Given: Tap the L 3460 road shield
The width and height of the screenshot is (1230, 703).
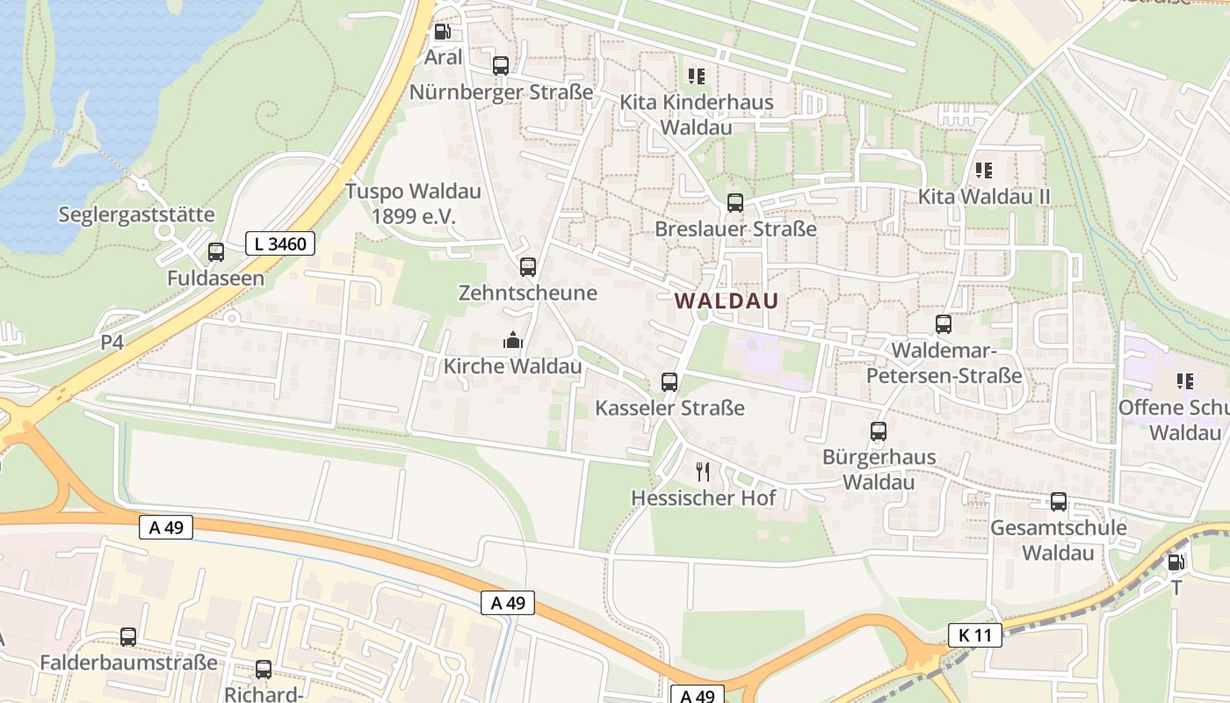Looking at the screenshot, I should coord(280,243).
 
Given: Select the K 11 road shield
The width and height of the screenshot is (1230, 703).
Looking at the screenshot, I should coord(975,634).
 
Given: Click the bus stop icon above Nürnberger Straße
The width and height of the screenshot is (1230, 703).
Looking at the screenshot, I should coord(501,66).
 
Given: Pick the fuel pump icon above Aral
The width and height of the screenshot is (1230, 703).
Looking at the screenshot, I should coord(443,33).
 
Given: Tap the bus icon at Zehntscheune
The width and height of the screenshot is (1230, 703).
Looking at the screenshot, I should coord(528,267).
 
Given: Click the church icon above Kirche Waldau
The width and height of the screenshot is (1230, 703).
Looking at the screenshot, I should coord(512,340).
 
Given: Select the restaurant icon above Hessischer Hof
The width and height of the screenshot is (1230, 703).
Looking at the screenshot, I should coord(703,472).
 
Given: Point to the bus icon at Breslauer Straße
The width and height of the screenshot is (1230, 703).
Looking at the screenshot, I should coord(735,203).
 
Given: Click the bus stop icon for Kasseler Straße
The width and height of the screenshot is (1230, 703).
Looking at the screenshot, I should coord(669,382).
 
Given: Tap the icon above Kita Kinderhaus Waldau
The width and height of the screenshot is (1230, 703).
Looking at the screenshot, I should coord(697,76).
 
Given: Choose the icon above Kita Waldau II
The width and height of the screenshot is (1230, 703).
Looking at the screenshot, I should coord(984,170).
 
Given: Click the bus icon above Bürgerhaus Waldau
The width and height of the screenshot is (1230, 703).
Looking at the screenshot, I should coord(879,431).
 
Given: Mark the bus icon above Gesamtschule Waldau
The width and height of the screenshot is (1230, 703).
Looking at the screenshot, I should coord(1059,502).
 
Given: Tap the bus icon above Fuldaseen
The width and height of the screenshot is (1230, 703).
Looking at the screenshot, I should coord(216,253).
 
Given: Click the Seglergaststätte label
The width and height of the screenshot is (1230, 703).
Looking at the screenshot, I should coord(136,214).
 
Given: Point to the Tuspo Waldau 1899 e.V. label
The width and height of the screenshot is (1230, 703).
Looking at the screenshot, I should coord(413,203).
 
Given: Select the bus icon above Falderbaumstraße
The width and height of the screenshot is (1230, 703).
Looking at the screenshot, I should coord(128,637).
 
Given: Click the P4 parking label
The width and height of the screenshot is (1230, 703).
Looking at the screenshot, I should coord(112,343).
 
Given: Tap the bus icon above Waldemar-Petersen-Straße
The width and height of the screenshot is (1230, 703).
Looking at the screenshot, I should coord(944,324).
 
